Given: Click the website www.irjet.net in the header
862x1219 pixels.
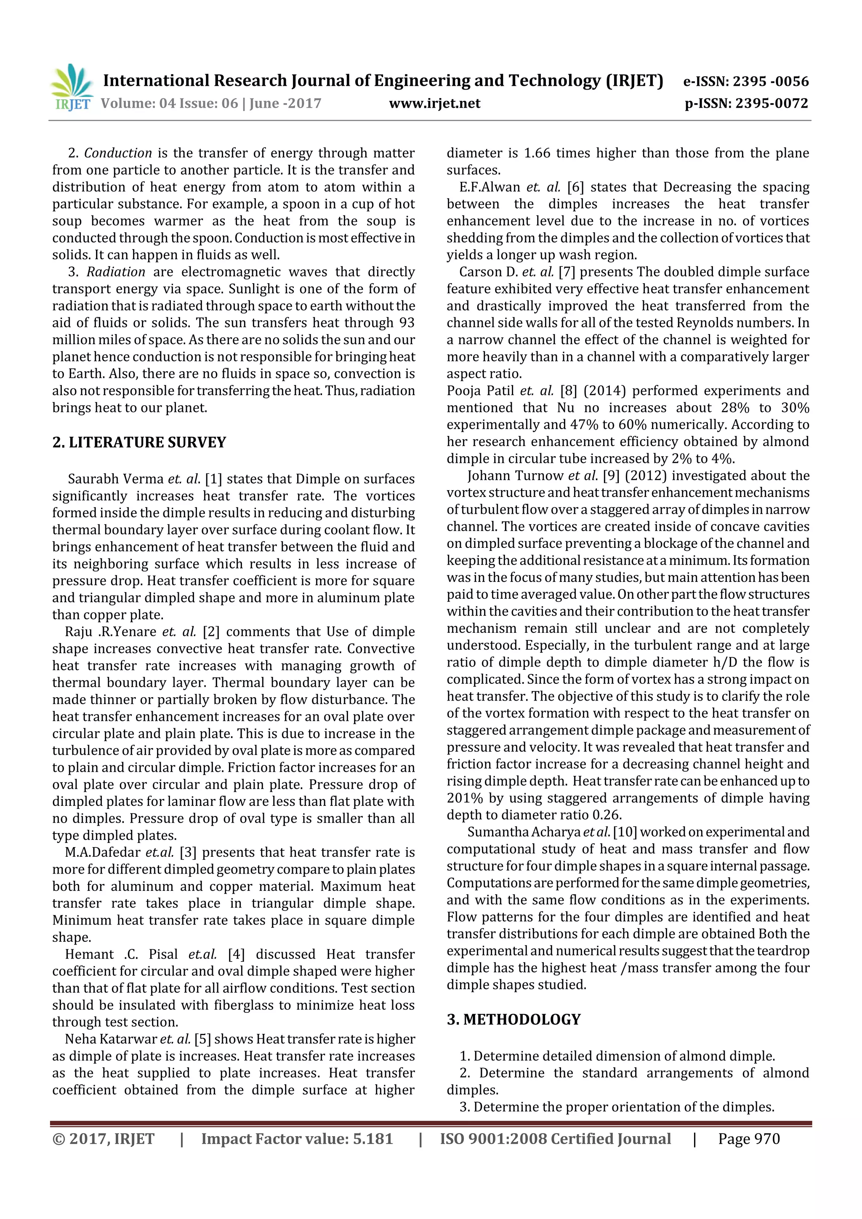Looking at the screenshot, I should [434, 104].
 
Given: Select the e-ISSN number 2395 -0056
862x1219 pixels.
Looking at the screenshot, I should [770, 81].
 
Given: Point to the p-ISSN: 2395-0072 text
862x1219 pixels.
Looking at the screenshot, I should [746, 104].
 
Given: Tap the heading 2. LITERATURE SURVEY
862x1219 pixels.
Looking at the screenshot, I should [139, 442].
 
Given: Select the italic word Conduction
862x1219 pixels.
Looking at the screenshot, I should [118, 154].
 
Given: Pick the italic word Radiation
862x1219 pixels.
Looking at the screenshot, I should [116, 272].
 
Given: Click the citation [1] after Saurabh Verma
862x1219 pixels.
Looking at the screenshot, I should [213, 479].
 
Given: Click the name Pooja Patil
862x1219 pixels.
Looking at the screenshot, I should [480, 391].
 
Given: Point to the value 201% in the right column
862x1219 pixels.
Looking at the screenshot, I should [463, 798].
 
